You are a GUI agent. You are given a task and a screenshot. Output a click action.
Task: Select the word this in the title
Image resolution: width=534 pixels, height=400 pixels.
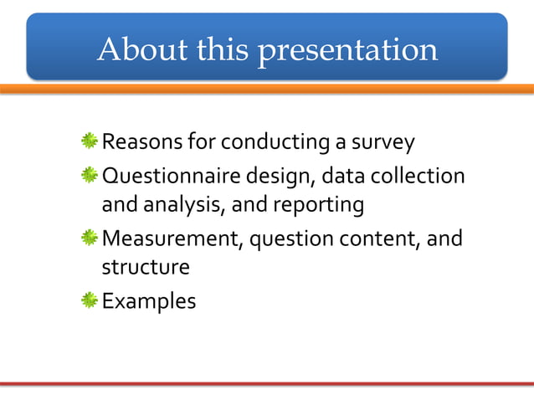tap(223, 50)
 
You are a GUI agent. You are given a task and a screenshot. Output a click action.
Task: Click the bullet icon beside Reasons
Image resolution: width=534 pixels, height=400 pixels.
tap(90, 143)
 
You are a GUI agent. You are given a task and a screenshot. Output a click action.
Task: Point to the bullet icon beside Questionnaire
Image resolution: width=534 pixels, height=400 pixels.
tap(90, 177)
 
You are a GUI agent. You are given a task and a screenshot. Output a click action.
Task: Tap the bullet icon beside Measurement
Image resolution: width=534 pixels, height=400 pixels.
tap(90, 239)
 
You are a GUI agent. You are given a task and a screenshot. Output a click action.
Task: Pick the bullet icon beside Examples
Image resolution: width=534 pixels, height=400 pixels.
tap(90, 300)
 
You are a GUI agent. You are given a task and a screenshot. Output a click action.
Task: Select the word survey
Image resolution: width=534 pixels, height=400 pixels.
tap(384, 143)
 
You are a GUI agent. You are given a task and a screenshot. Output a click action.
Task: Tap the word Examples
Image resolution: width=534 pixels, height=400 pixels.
tap(149, 300)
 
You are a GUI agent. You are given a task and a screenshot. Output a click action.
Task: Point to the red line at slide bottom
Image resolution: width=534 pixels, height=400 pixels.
tap(267, 384)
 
